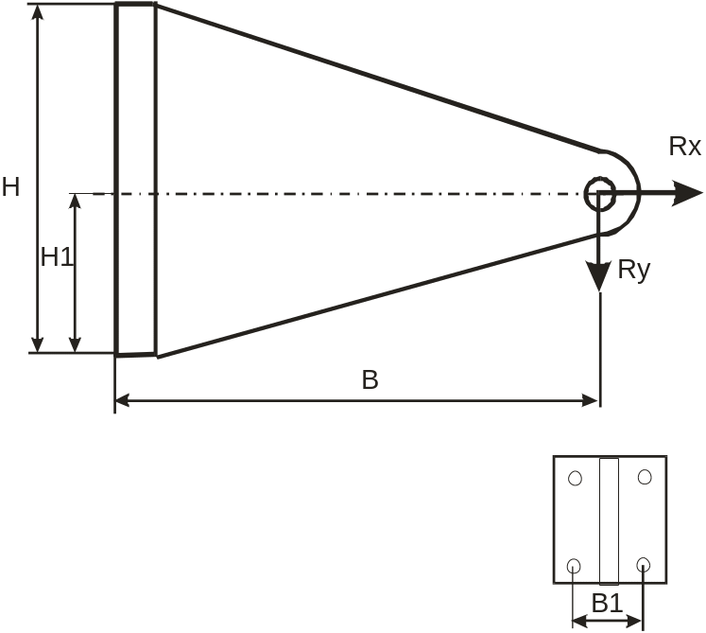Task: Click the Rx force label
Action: (x=685, y=147)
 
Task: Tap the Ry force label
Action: (x=634, y=270)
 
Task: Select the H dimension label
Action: (x=10, y=187)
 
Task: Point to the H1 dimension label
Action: (x=57, y=256)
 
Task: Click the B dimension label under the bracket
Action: (x=370, y=380)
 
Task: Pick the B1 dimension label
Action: (x=608, y=603)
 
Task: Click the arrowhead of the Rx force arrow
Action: (x=689, y=193)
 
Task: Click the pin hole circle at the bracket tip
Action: (x=600, y=194)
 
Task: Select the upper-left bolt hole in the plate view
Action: (x=575, y=478)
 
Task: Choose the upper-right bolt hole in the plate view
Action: (x=645, y=478)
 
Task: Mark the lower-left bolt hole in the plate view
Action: (x=574, y=567)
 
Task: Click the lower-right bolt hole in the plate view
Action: (x=644, y=567)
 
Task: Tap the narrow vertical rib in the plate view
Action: (x=609, y=520)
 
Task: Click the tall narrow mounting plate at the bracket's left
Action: (x=134, y=180)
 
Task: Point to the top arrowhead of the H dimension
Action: (x=38, y=13)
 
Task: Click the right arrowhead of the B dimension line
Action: (x=589, y=401)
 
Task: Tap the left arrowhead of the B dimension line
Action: (x=124, y=401)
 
